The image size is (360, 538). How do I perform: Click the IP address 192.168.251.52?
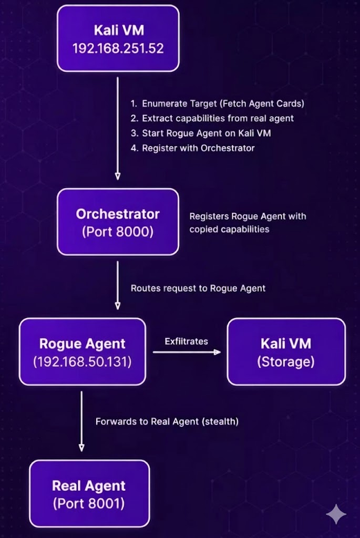point(118,48)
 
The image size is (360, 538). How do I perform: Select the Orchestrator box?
point(118,222)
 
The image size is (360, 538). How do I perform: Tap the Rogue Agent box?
point(83,351)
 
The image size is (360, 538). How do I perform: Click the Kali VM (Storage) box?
point(286,351)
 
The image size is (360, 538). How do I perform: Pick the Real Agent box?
point(89,494)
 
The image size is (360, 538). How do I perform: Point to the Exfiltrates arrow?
point(187,352)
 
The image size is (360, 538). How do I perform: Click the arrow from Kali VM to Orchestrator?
point(118,128)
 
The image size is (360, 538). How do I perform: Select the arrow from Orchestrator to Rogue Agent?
point(118,285)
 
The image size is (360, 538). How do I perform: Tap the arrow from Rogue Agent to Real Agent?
point(81,421)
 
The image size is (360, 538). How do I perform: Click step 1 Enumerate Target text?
point(217,104)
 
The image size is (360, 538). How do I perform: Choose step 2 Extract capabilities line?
point(212,118)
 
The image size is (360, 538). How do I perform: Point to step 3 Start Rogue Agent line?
point(201,133)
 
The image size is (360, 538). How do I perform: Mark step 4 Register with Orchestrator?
point(192,148)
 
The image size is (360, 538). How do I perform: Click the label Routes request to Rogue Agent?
point(198,288)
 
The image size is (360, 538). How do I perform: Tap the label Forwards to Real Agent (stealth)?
point(167,421)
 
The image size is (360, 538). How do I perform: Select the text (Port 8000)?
point(118,232)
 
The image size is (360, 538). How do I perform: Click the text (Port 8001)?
point(89,503)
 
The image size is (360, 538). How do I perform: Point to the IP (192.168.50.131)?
point(83,361)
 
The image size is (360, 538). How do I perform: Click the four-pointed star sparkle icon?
point(336,514)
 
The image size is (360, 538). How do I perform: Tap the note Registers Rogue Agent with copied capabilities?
point(248,223)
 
